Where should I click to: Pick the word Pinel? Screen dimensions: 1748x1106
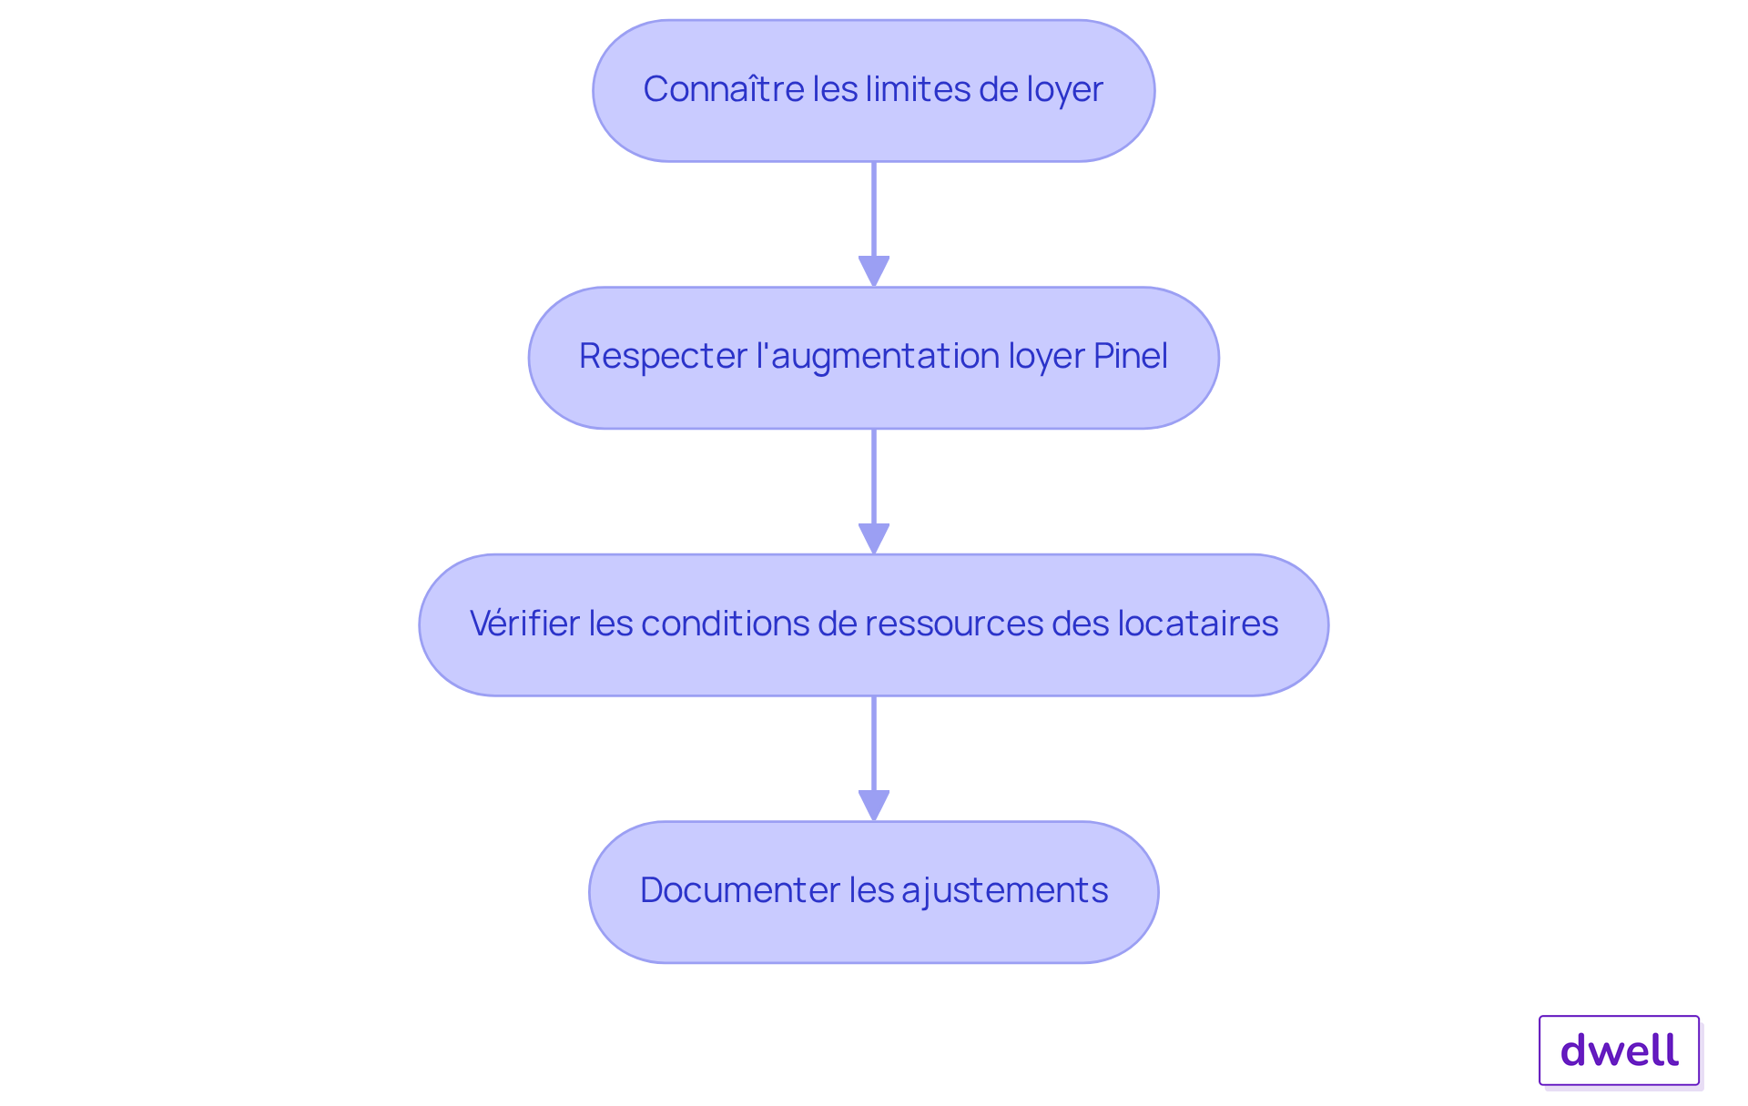tap(1130, 356)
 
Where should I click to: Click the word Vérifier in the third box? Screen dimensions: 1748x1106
tap(523, 624)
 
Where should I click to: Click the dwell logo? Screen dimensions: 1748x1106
tap(1619, 1050)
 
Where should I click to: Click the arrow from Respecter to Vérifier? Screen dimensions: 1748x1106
tap(874, 492)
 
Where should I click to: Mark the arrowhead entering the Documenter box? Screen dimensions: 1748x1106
tap(874, 807)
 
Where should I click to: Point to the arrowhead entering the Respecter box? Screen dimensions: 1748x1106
tap(874, 272)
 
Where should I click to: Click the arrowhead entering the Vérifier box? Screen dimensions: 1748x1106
tap(874, 539)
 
